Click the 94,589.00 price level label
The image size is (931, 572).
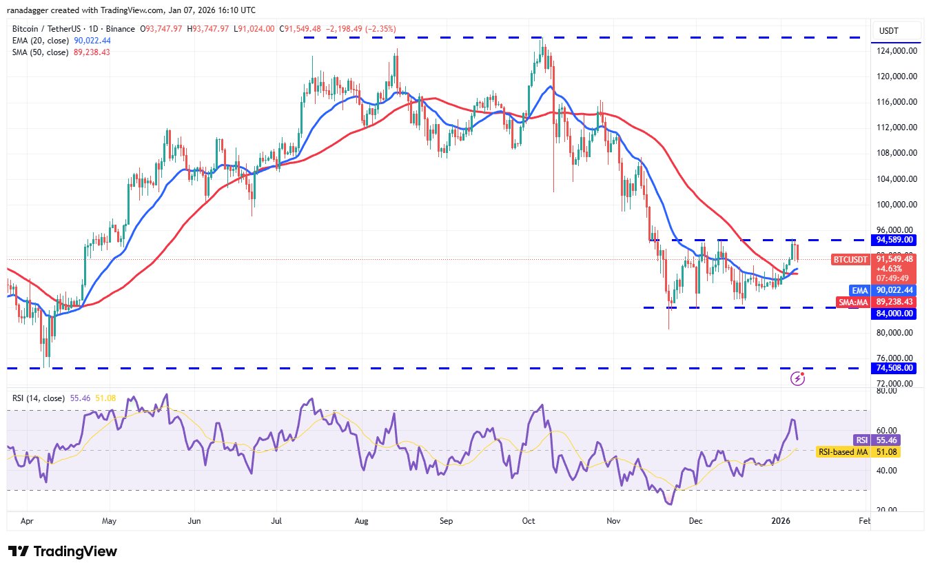pos(894,240)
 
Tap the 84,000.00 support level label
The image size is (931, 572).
pos(894,314)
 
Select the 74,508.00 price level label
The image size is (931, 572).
pos(894,368)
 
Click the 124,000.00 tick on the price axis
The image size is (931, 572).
pos(895,51)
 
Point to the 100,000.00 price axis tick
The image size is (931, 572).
pos(895,205)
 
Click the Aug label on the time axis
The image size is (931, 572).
pos(360,522)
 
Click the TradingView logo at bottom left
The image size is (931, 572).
pos(63,551)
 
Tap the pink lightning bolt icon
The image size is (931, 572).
pos(798,378)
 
